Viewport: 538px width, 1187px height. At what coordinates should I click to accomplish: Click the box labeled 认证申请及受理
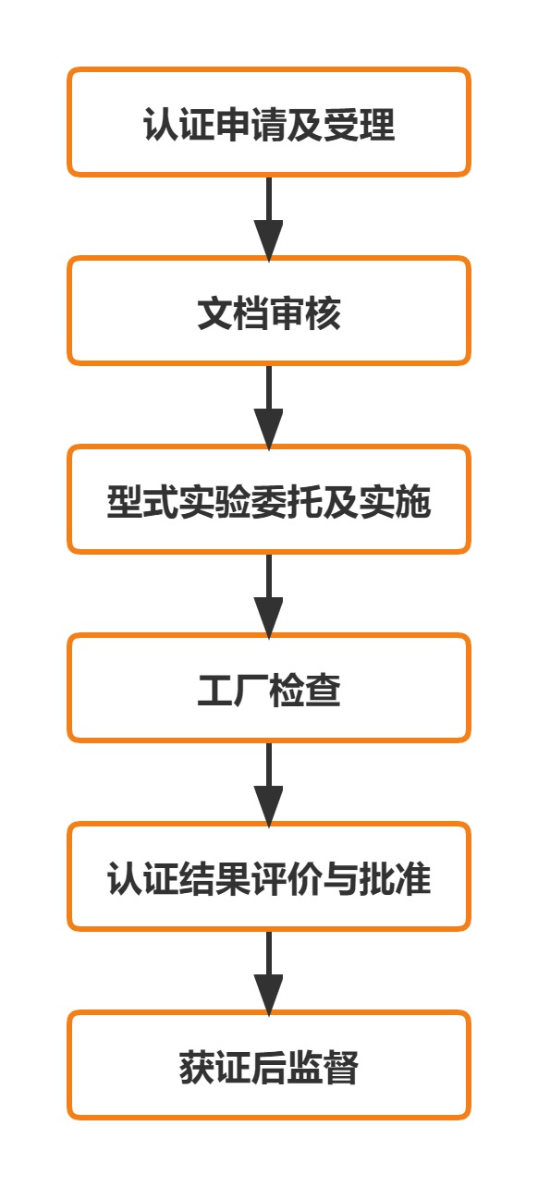(x=269, y=122)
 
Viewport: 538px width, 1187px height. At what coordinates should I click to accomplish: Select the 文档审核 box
(x=269, y=311)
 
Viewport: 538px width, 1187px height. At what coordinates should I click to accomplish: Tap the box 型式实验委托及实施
(x=269, y=499)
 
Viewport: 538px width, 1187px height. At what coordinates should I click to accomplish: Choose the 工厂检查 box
(x=269, y=688)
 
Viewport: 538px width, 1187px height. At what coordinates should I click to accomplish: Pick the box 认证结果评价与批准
(x=269, y=876)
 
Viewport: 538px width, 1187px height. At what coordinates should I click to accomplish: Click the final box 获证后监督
(x=269, y=1065)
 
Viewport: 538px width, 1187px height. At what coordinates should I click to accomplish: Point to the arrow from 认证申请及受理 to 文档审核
(x=269, y=218)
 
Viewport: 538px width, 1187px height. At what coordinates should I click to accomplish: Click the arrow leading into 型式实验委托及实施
(x=269, y=407)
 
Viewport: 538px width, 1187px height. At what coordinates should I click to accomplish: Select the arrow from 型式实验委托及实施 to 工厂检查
(x=269, y=595)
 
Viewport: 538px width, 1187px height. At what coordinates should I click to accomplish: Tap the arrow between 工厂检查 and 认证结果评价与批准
(x=269, y=784)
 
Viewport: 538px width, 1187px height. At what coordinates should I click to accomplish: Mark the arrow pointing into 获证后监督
(x=269, y=973)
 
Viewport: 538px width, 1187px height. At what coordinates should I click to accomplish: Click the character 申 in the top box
(x=233, y=125)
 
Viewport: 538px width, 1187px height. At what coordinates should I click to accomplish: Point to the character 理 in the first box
(x=377, y=125)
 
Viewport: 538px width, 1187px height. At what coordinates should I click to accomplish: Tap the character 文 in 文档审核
(x=214, y=313)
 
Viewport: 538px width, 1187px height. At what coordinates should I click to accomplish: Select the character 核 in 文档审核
(x=323, y=313)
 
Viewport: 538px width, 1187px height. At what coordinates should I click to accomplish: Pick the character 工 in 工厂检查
(x=214, y=690)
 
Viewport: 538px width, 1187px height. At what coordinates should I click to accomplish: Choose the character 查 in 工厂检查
(x=323, y=690)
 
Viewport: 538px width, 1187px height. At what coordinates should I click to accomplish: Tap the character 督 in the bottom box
(x=341, y=1068)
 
